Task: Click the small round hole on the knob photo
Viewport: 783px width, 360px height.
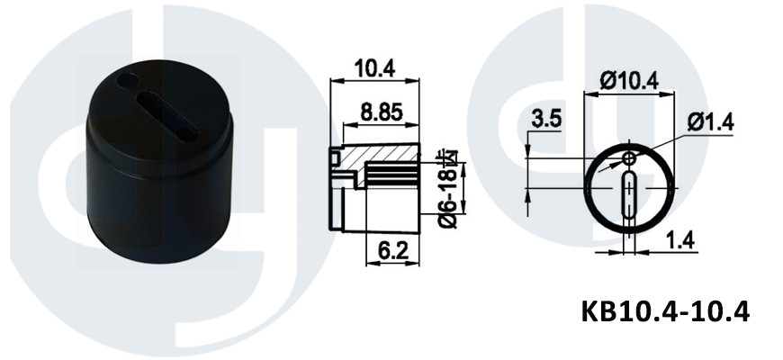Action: coord(127,80)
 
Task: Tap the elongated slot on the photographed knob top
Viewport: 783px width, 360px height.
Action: coord(167,116)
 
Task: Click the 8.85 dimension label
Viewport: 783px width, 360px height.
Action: coord(382,112)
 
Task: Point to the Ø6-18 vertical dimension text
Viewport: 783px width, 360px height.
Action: coord(448,189)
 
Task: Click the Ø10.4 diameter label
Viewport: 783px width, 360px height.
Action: coord(629,80)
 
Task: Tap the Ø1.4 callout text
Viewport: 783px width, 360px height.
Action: coord(711,121)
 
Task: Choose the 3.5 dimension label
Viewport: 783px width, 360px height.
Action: coord(546,120)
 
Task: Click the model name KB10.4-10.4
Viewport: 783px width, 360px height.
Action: coord(665,311)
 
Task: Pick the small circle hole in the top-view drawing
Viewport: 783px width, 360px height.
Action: coord(629,159)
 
